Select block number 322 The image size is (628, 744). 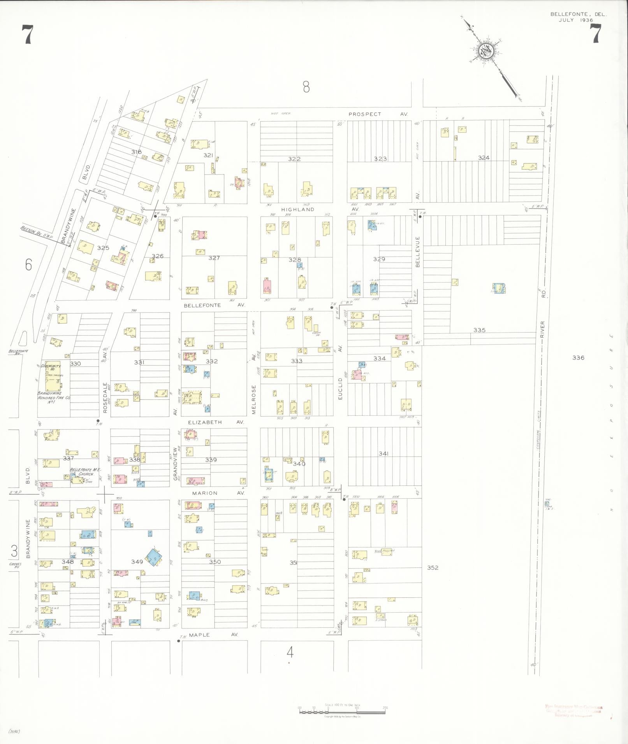click(x=294, y=159)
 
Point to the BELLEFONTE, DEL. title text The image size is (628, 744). click(x=578, y=14)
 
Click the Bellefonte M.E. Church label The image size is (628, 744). click(x=82, y=472)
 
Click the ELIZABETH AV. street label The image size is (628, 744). click(x=216, y=422)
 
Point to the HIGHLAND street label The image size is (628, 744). click(x=297, y=209)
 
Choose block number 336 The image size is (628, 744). click(x=578, y=357)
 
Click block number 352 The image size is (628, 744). click(x=433, y=567)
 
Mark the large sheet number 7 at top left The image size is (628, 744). click(x=27, y=34)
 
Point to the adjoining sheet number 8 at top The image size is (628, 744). click(x=306, y=87)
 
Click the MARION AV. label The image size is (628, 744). click(x=218, y=493)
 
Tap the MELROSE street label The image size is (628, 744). click(x=254, y=399)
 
